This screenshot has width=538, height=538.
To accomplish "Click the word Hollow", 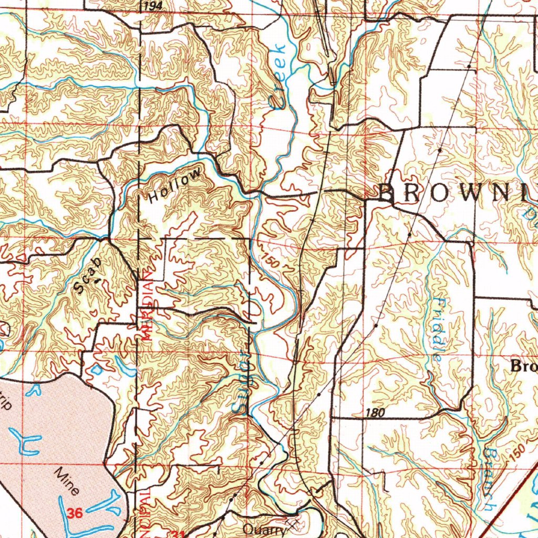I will (175, 185).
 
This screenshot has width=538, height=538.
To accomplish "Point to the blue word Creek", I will (277, 76).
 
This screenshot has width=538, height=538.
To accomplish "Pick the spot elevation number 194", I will (151, 5).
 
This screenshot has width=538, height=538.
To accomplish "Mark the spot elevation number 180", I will (374, 413).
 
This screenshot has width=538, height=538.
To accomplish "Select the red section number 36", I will (75, 513).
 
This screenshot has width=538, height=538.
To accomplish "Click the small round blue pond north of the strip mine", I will (97, 369).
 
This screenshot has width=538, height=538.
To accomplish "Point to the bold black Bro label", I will (523, 366).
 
